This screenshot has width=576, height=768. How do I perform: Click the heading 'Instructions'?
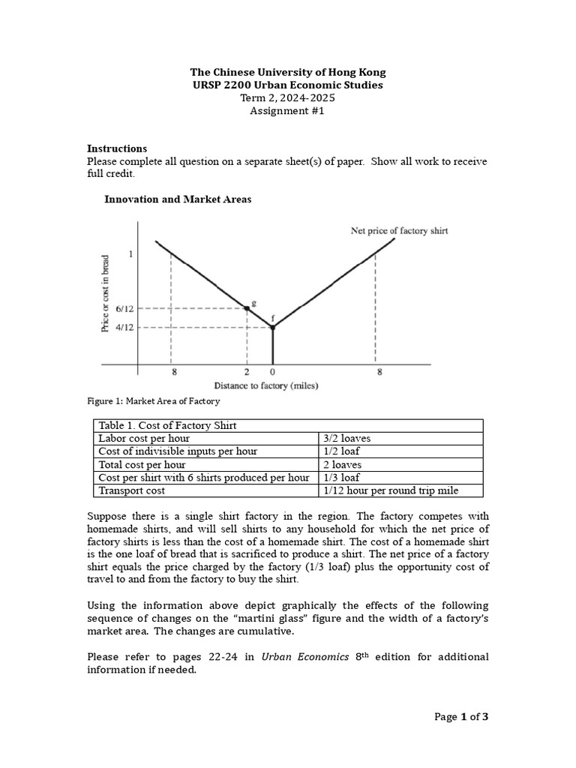pos(117,148)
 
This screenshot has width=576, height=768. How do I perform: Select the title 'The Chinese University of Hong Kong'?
pos(288,73)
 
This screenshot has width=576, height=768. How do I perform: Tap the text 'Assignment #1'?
pos(288,111)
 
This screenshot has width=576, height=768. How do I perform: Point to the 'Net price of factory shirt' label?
pos(399,231)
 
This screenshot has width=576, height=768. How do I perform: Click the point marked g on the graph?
pos(247,307)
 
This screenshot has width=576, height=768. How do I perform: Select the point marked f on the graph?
pos(272,327)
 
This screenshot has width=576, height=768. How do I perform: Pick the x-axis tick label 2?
pos(247,372)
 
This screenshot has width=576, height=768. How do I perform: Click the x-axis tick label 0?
pos(272,372)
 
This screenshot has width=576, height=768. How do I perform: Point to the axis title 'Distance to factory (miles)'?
pos(265,385)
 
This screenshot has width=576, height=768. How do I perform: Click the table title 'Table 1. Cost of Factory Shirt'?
pos(167,425)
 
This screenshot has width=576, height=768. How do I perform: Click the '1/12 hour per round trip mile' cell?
pos(391,490)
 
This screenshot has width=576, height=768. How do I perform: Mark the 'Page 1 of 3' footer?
pos(461,717)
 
